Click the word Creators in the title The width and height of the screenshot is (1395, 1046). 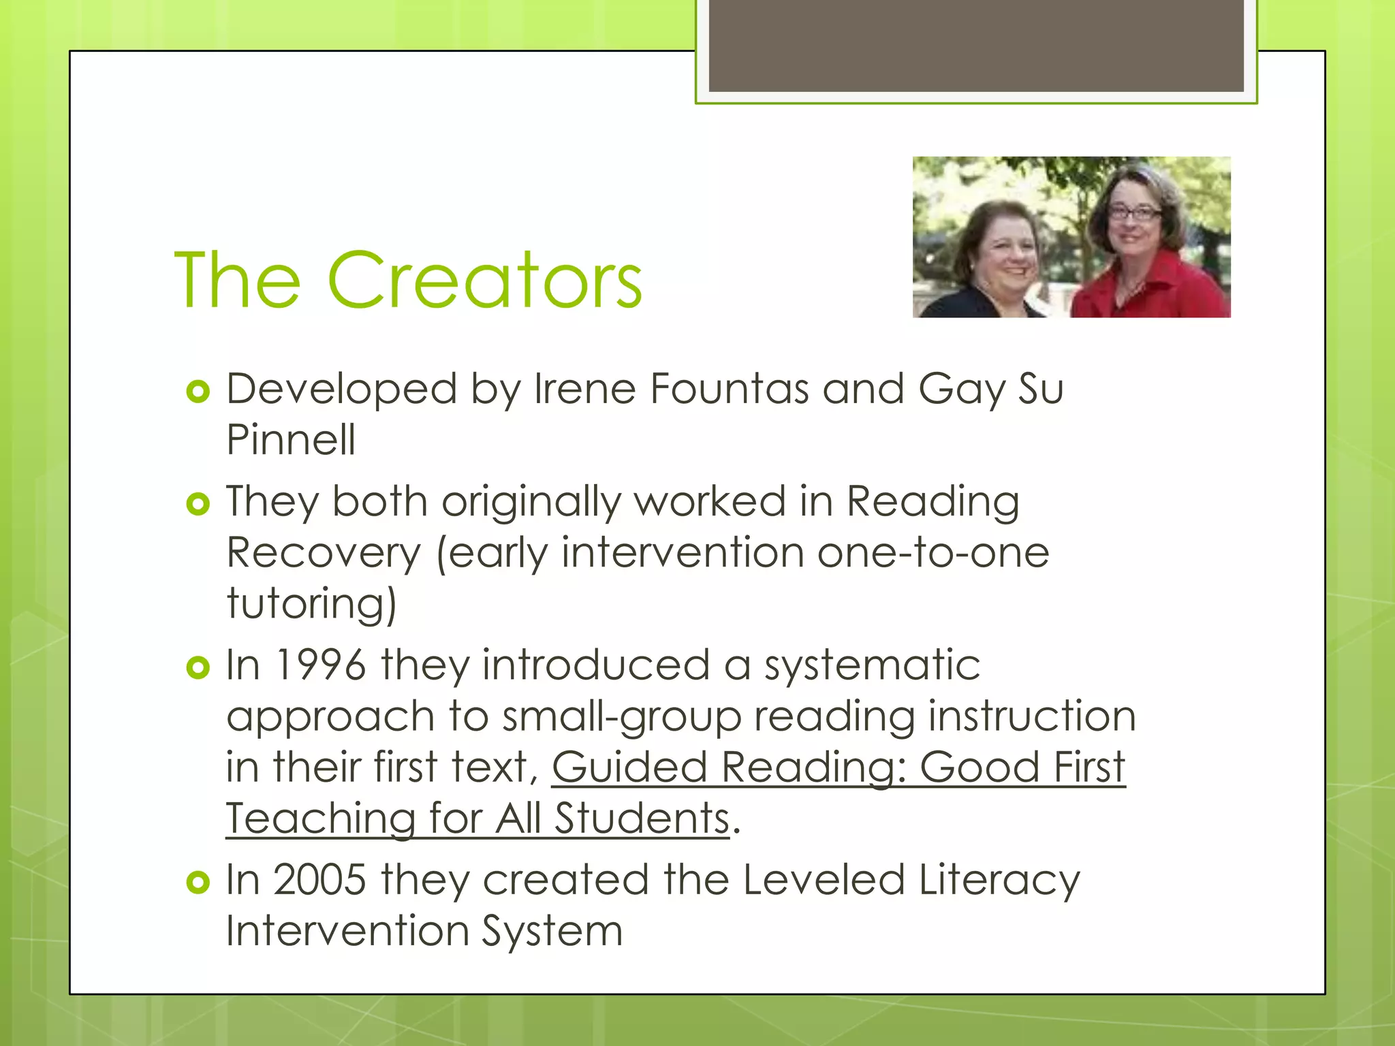tap(484, 281)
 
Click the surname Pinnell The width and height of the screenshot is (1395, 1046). tap(291, 439)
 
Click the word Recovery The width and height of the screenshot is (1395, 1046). tap(324, 552)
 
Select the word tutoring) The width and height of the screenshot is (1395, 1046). tap(311, 603)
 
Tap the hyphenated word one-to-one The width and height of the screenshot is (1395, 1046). tap(933, 552)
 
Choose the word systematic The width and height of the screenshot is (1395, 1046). tap(872, 665)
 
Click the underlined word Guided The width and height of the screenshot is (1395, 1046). tap(629, 767)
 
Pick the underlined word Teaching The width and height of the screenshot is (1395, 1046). tap(321, 818)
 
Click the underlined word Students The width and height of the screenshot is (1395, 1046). tap(642, 818)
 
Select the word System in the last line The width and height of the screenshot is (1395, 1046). tap(552, 931)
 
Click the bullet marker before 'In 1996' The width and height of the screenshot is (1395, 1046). tap(198, 667)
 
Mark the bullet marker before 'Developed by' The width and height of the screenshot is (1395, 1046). tap(198, 392)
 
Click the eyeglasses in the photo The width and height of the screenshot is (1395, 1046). tap(1133, 213)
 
